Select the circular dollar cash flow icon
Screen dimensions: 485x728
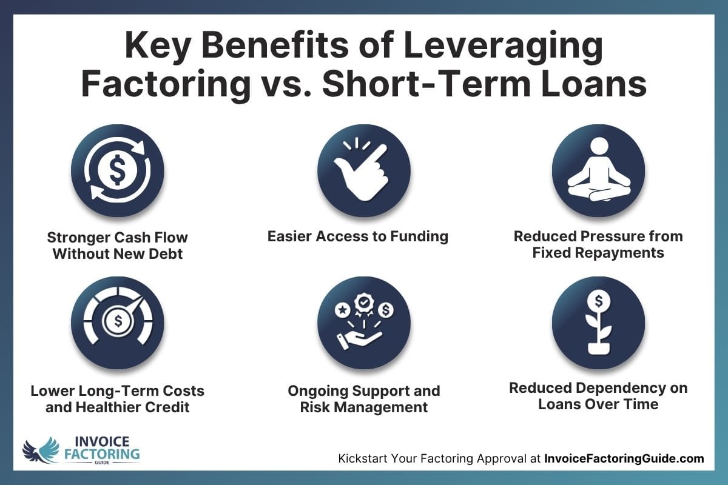tap(118, 172)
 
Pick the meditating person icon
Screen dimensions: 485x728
tap(598, 172)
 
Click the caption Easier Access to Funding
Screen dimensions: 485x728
tap(358, 236)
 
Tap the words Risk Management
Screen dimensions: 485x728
tap(364, 407)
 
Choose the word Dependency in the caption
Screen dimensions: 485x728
tap(620, 387)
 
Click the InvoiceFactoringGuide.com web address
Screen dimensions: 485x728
tap(624, 459)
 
